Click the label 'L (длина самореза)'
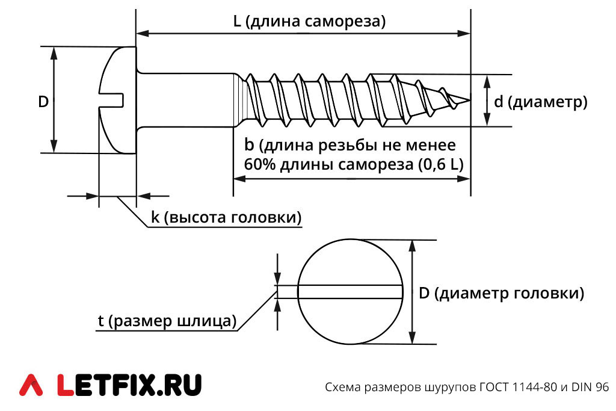[x=309, y=21]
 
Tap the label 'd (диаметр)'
[x=541, y=102]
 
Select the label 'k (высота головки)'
[x=226, y=217]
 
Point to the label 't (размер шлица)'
[x=167, y=321]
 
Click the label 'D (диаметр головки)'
[x=502, y=293]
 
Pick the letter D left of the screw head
[x=43, y=102]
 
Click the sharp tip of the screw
[x=469, y=100]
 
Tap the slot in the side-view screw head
[x=111, y=100]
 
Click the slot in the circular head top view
[x=350, y=292]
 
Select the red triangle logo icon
[x=31, y=385]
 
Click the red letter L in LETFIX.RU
[x=65, y=385]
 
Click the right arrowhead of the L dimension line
[x=465, y=34]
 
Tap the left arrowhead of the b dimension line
[x=239, y=179]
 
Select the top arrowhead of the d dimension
[x=487, y=81]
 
